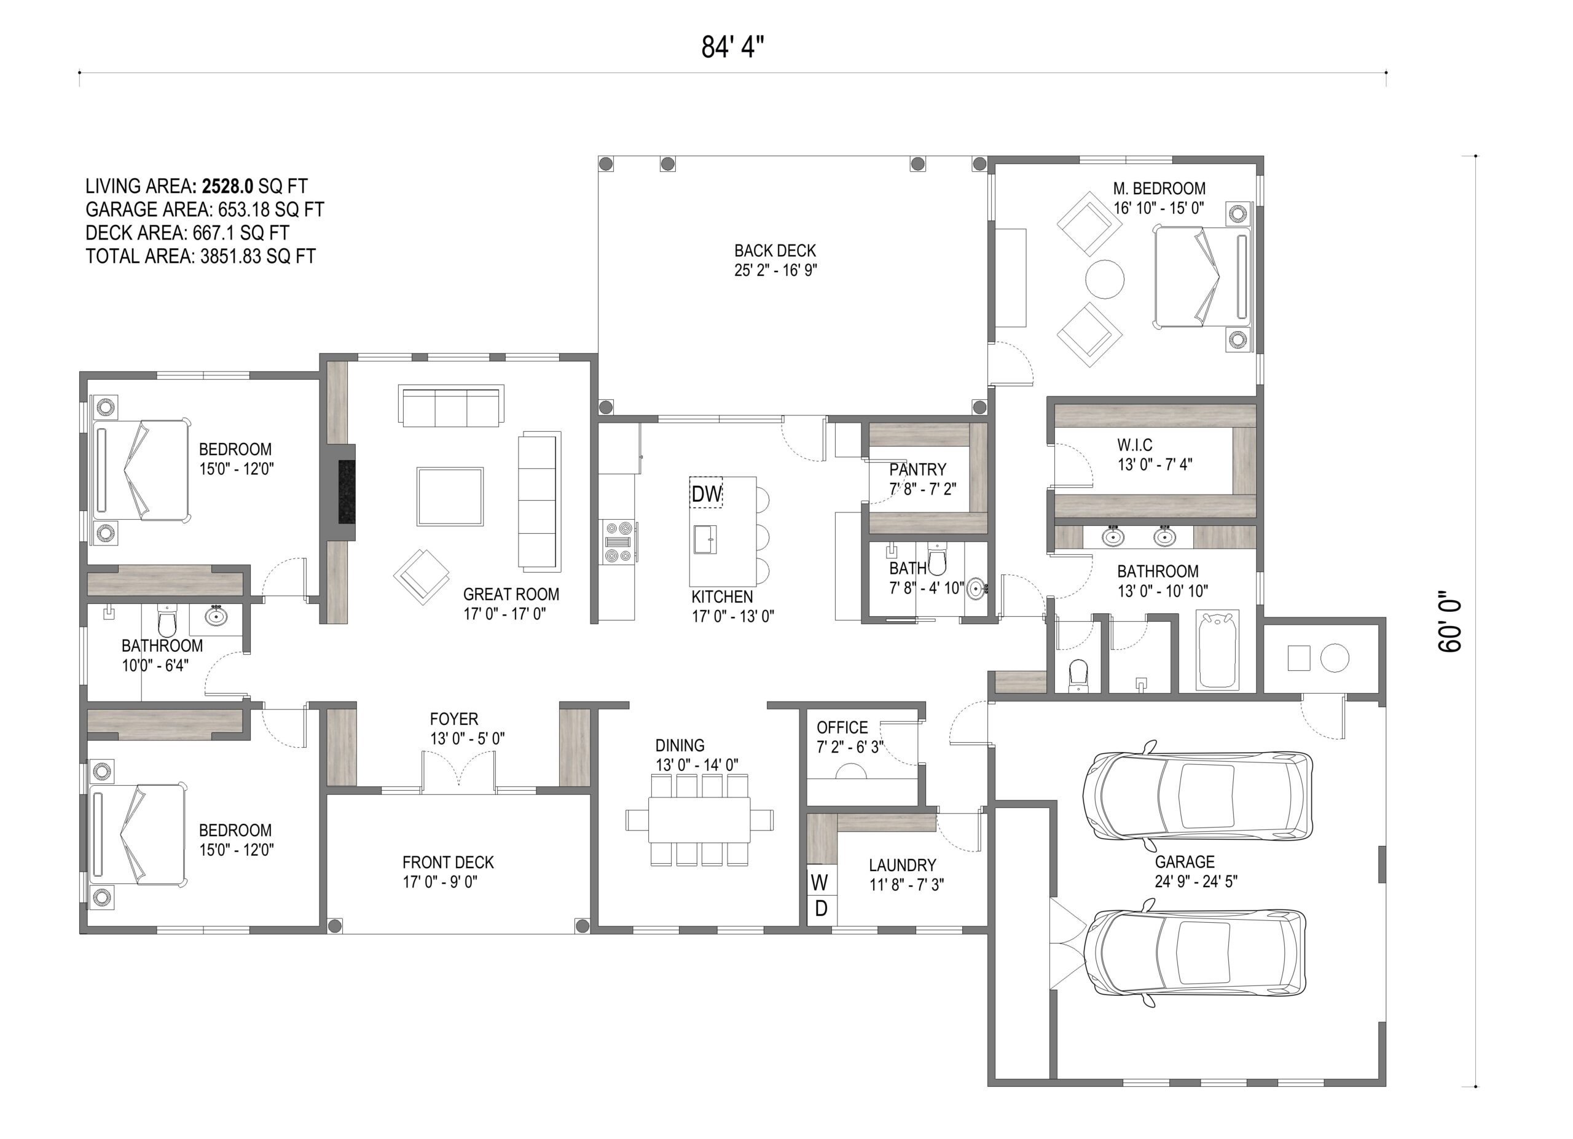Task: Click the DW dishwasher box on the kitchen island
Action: [x=706, y=493]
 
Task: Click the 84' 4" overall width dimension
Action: [x=732, y=48]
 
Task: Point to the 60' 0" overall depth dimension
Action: [x=1450, y=621]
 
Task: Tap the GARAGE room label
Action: [x=1185, y=863]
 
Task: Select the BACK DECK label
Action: [x=775, y=250]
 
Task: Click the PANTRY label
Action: [x=917, y=469]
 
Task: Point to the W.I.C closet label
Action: [x=1135, y=445]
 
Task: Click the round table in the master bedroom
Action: [x=1104, y=280]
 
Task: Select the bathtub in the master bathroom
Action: [x=1218, y=649]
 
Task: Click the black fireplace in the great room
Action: [x=347, y=492]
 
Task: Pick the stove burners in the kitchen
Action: [x=619, y=541]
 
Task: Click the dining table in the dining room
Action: [x=699, y=820]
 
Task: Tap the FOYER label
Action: [x=453, y=719]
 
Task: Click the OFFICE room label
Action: [x=842, y=727]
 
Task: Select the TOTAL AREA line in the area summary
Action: [x=200, y=257]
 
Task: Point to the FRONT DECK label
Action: [x=448, y=863]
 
